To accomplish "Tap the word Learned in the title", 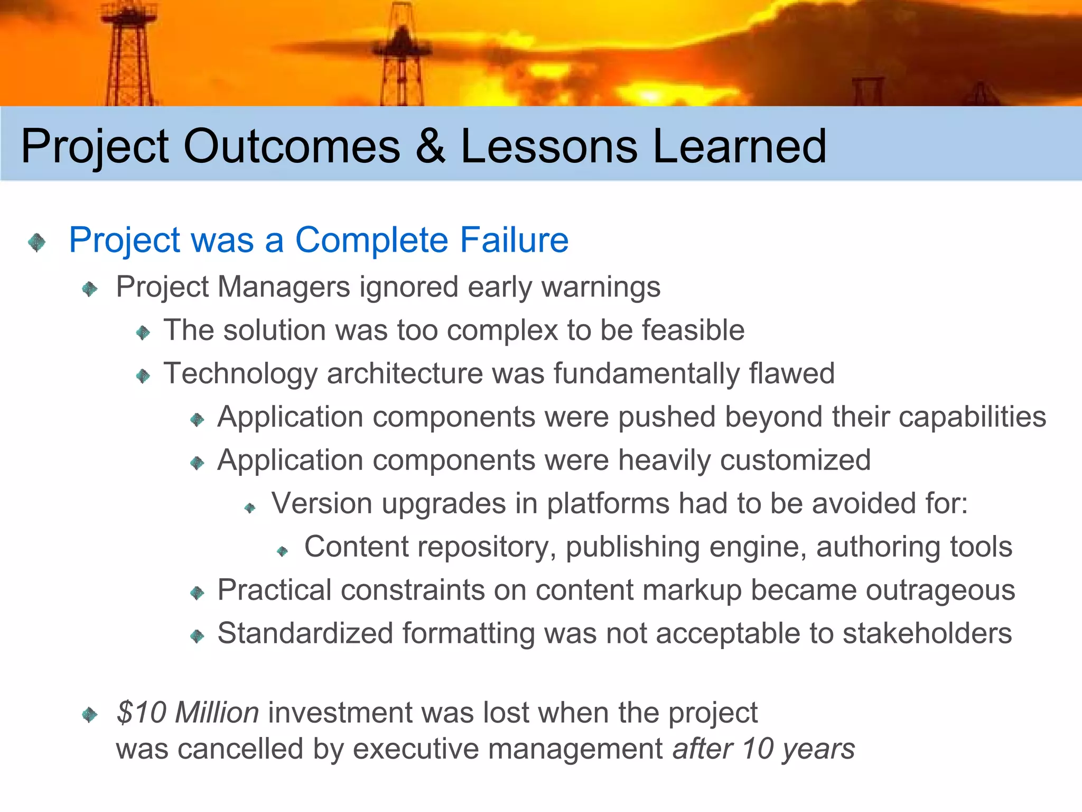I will [739, 146].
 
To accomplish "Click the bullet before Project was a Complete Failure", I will [37, 243].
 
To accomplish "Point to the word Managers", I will [284, 287].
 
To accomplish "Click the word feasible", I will [693, 330].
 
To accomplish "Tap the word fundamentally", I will [646, 374].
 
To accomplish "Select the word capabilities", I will [972, 417].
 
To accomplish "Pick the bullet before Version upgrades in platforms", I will [250, 509].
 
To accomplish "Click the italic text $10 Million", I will [188, 713].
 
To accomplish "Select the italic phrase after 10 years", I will [763, 749].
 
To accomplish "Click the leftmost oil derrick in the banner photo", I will [128, 53].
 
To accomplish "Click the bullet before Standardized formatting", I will [197, 636].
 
